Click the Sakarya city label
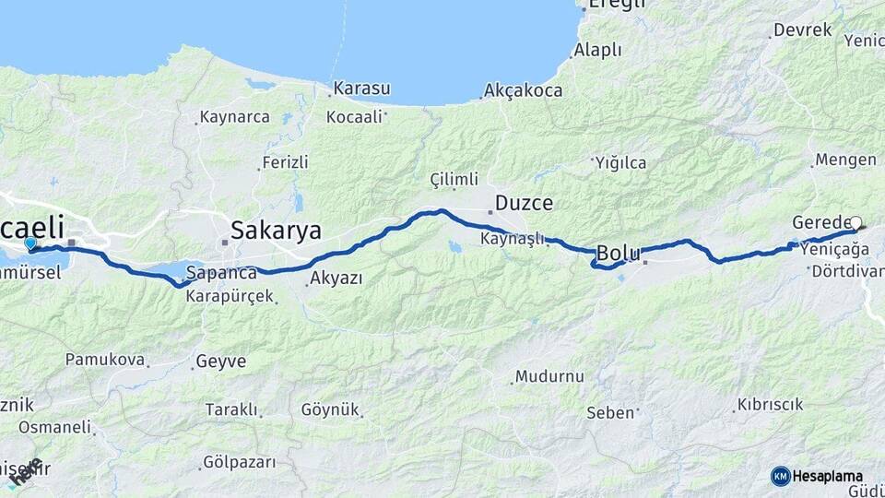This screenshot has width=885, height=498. coord(276,229)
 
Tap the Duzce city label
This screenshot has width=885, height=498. coord(524,203)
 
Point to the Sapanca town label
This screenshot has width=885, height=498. coord(221,273)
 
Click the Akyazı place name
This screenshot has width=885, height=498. coord(336,278)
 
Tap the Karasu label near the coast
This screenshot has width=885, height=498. coord(361,89)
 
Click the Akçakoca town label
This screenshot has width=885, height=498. coord(523,91)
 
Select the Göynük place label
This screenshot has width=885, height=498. coord(328,409)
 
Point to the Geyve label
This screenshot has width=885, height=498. coord(220,362)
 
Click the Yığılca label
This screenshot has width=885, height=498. coord(620,163)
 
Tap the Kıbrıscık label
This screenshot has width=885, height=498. coord(770,405)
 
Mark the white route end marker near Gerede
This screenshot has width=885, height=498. coord(856,222)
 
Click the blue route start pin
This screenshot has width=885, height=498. coord(30,243)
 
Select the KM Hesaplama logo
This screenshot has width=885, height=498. coord(817,476)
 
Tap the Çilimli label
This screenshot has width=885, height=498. coord(454,179)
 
